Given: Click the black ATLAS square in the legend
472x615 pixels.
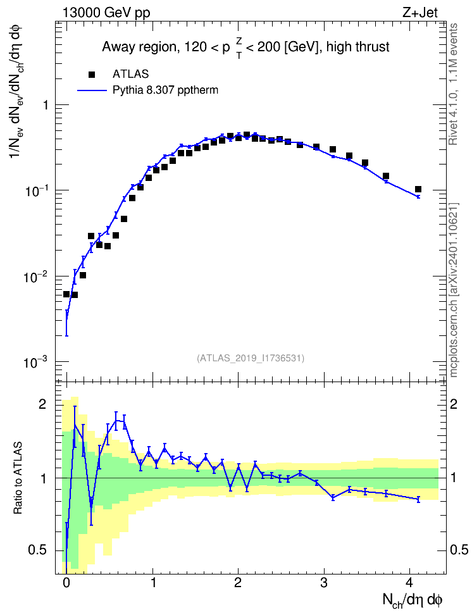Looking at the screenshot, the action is pyautogui.click(x=92, y=74).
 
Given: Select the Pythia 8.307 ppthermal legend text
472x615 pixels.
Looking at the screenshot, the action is pyautogui.click(x=165, y=90).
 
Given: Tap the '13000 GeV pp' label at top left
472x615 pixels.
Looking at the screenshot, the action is pyautogui.click(x=106, y=13).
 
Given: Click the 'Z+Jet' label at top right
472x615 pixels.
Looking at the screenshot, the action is pyautogui.click(x=420, y=13).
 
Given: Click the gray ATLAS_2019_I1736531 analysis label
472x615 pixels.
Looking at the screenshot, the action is pyautogui.click(x=251, y=357).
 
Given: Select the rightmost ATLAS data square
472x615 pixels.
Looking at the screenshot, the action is pyautogui.click(x=418, y=189).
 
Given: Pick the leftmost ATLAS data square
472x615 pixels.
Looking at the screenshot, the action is pyautogui.click(x=66, y=294).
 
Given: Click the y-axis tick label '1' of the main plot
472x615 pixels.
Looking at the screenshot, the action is pyautogui.click(x=46, y=105).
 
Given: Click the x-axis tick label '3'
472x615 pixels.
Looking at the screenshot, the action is pyautogui.click(x=323, y=583).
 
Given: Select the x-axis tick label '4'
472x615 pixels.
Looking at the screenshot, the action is pyautogui.click(x=409, y=583).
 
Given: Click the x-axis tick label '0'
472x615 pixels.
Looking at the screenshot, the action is pyautogui.click(x=66, y=583).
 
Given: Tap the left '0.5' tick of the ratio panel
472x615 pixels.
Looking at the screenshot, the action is pyautogui.click(x=37, y=550).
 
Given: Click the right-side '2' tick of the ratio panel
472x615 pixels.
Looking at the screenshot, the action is pyautogui.click(x=454, y=404).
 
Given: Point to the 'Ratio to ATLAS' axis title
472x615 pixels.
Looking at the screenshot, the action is pyautogui.click(x=18, y=478).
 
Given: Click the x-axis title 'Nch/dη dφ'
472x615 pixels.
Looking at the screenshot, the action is pyautogui.click(x=413, y=600).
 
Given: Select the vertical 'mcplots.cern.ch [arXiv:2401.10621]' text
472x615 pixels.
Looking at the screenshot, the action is pyautogui.click(x=454, y=290).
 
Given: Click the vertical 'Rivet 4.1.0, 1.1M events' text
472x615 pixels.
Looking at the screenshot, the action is pyautogui.click(x=453, y=84).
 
